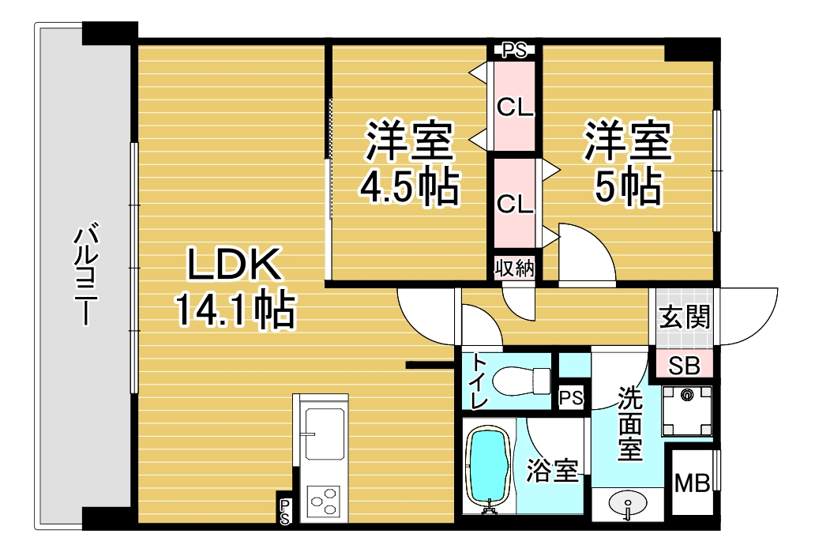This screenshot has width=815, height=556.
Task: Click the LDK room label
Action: [x=234, y=265]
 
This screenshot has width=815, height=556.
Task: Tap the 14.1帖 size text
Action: [x=235, y=311]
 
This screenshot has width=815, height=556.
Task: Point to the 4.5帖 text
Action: [x=408, y=188]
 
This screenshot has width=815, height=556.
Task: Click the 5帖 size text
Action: [x=628, y=188]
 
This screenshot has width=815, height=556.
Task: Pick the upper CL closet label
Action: [x=515, y=107]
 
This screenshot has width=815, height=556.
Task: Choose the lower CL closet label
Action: [x=515, y=203]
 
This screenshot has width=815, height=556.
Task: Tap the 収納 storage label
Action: [x=514, y=268]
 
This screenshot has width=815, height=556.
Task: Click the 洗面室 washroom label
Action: [x=629, y=424]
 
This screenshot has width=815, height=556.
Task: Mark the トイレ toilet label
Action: [x=479, y=381]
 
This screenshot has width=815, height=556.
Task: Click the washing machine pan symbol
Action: [x=686, y=411]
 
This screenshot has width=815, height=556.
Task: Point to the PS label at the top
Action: [x=515, y=51]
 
